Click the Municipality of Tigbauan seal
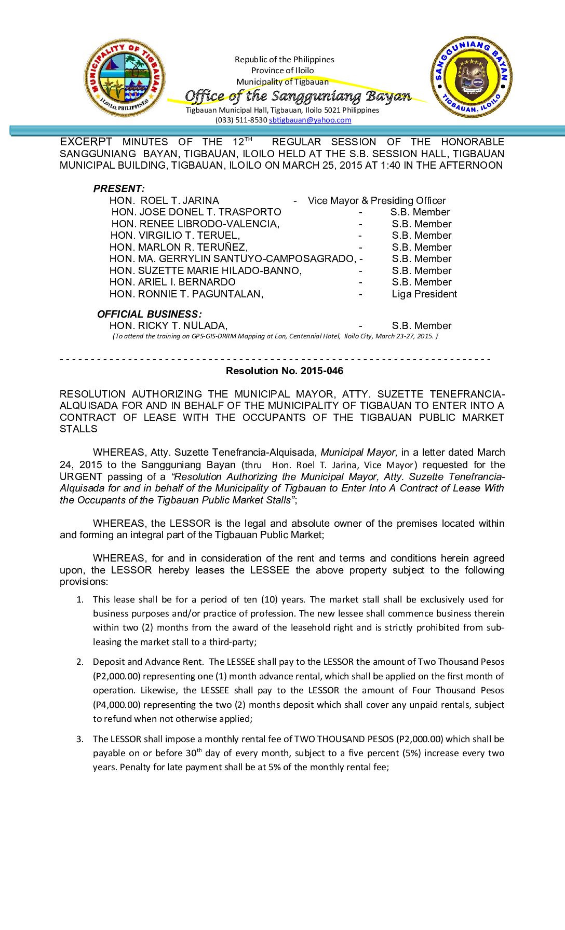125,77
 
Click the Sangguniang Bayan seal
472,77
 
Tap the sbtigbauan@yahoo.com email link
310,120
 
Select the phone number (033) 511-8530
241,120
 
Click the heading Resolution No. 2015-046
284,371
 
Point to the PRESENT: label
119,188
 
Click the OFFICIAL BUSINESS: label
149,314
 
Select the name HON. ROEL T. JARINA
164,200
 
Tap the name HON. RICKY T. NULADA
168,325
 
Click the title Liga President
424,294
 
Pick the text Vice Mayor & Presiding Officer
376,200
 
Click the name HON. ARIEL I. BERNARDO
172,282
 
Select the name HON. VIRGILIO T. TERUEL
175,235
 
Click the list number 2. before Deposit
80,662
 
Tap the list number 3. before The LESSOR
80,739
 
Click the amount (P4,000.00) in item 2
117,705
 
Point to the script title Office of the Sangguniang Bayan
298,96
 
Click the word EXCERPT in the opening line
86,142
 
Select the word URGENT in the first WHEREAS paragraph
81,476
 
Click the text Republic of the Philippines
284,59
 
